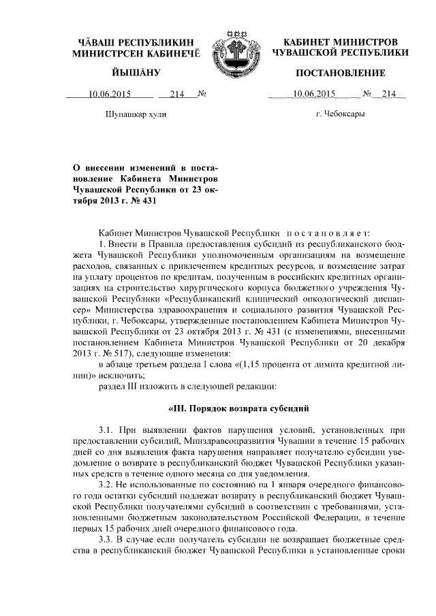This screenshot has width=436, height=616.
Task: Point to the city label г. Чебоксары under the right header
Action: coord(340,115)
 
